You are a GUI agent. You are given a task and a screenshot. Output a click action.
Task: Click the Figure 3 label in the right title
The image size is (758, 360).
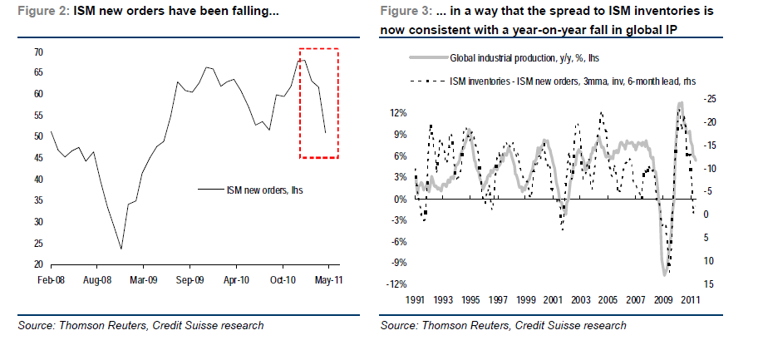click(404, 9)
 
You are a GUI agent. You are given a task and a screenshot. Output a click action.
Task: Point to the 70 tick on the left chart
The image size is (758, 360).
click(37, 52)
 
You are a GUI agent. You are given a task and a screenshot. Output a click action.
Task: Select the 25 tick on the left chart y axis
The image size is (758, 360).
click(37, 243)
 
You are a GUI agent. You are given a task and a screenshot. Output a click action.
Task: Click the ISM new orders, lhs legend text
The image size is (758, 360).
click(259, 190)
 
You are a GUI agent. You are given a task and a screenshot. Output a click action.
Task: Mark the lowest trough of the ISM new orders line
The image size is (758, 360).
click(121, 249)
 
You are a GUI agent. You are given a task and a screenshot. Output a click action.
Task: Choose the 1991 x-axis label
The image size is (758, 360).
click(416, 298)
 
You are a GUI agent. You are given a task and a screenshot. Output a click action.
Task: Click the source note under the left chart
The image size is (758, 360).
click(141, 326)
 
